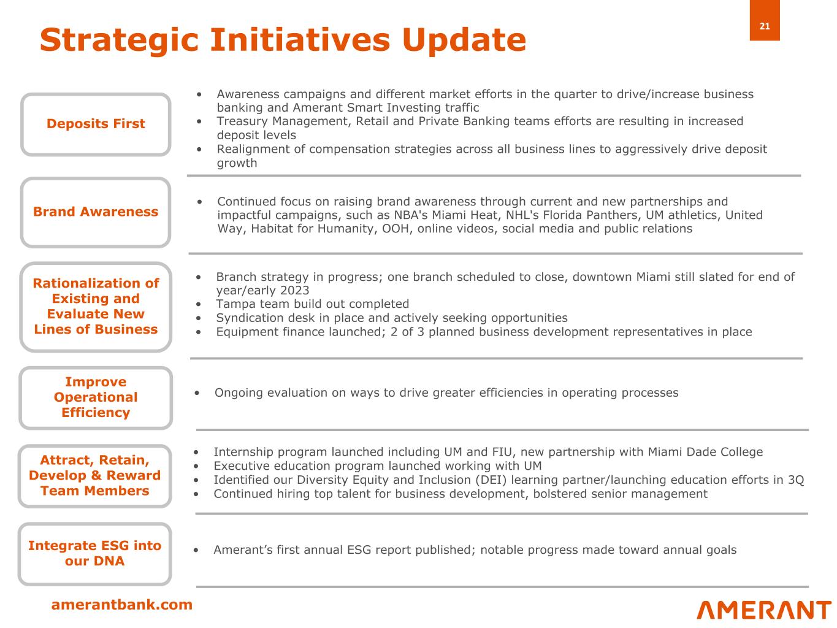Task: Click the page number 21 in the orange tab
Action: pos(764,26)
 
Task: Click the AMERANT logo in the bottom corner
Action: pos(764,610)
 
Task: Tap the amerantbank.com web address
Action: pos(121,604)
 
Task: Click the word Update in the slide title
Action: pos(464,40)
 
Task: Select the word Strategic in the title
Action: pos(120,40)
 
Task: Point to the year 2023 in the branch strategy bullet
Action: pos(294,290)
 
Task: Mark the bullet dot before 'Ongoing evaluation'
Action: pos(197,392)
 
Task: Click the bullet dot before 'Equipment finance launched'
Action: pos(198,332)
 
